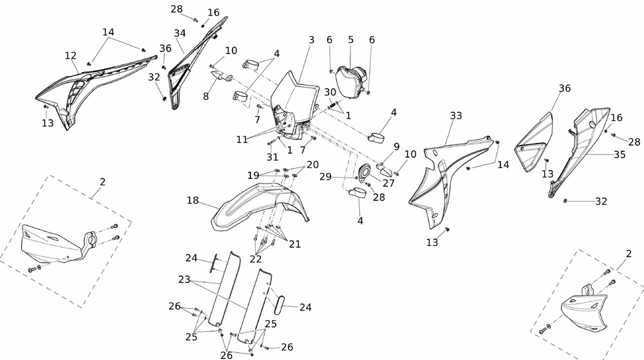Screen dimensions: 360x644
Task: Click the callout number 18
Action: tap(193, 200)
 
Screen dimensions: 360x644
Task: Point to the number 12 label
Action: tap(70, 55)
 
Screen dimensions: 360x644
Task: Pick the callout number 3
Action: tap(311, 40)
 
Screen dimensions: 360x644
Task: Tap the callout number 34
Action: tap(180, 33)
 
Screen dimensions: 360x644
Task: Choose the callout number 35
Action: tap(620, 155)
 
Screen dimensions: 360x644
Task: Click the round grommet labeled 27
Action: tap(365, 172)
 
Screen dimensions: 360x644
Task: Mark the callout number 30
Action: tap(330, 92)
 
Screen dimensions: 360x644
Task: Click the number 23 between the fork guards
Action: tap(185, 280)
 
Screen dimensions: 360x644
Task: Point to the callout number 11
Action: tap(243, 139)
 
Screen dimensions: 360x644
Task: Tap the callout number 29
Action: tap(326, 176)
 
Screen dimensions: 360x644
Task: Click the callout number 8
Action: tap(206, 96)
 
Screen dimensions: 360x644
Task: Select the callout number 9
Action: tap(396, 146)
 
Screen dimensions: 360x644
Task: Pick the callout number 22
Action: tap(256, 258)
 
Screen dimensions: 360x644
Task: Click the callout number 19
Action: tap(254, 175)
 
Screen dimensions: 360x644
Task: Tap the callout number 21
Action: tap(295, 244)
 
